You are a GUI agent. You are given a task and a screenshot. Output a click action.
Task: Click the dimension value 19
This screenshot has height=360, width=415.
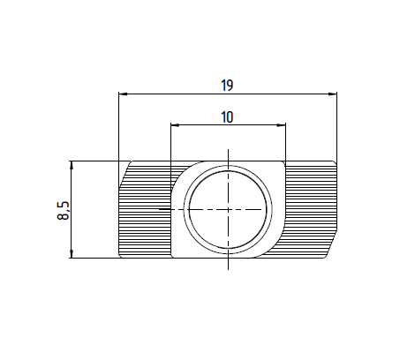[227, 86]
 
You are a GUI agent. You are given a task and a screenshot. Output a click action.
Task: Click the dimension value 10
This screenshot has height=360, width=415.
[227, 117]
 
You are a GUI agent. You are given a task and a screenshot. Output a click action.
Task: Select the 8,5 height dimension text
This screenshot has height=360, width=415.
[64, 211]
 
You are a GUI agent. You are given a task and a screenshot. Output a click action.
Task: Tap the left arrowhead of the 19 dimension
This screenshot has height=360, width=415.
[123, 94]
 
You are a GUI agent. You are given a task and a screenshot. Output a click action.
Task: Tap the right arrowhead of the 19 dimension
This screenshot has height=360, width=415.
[333, 94]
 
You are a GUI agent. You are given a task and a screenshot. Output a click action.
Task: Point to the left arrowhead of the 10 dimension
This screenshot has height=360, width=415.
[175, 125]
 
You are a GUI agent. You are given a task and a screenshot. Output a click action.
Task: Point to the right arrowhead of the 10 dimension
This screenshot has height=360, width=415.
[282, 125]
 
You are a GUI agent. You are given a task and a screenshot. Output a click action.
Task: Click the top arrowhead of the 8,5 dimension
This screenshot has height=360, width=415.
[71, 166]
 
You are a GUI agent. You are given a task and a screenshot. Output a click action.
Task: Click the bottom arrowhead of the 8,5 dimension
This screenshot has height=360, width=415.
[71, 253]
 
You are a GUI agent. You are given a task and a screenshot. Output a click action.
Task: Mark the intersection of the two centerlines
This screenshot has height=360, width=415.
[228, 209]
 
